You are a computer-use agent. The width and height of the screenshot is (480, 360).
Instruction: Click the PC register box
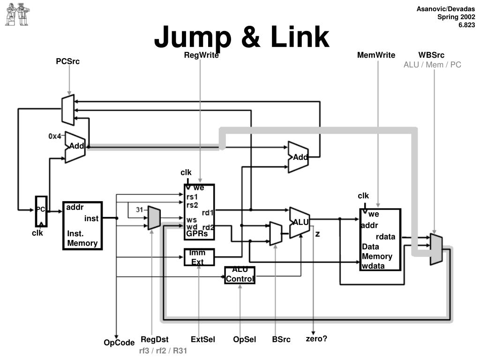pos(41,211)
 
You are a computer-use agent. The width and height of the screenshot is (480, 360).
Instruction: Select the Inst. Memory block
pos(82,225)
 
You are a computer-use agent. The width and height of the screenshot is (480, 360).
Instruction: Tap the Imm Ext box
pos(199,257)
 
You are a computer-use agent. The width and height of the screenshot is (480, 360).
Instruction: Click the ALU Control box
pos(240,275)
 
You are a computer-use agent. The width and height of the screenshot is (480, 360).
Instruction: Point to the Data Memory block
pos(380,240)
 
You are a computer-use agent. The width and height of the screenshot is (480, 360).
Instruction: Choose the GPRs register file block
pos(199,212)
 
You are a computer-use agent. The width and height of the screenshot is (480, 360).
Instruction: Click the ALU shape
pos(300,223)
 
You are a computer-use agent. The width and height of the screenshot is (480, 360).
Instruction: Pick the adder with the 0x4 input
pos(75,147)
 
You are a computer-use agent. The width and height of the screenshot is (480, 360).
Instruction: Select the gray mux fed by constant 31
pos(154,218)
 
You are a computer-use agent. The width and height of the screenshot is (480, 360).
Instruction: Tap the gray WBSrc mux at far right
pos(436,249)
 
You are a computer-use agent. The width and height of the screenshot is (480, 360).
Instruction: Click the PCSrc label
pos(67,61)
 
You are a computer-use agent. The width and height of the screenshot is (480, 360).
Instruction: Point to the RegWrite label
pos(201,55)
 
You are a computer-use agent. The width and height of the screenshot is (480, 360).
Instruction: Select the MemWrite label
pos(376,55)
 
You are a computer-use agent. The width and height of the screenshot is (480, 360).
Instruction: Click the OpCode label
pos(119,343)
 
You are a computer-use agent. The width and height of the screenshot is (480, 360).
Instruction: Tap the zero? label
pos(316,338)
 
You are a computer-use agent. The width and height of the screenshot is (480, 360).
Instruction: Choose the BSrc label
pos(281,339)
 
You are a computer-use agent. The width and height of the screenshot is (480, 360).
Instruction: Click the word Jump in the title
pos(193,37)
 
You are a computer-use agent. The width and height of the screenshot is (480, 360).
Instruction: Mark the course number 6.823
pos(466,25)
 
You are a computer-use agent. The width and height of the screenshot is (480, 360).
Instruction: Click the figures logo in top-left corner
pos(17,15)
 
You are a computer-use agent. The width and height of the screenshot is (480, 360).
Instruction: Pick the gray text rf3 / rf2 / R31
pos(163,351)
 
